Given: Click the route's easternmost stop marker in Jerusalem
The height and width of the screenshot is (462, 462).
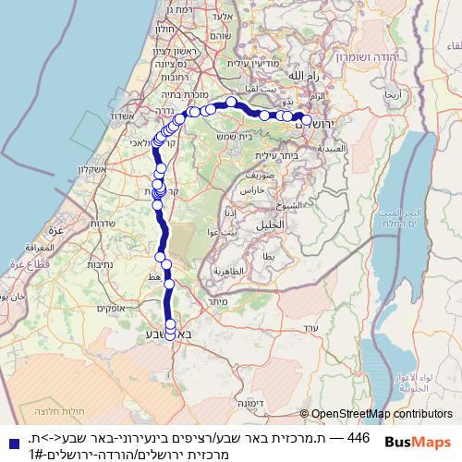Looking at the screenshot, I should tap(307, 120).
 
